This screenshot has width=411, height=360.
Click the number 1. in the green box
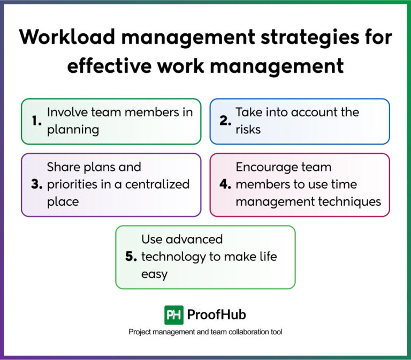[36, 121]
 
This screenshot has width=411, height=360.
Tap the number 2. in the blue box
[225, 121]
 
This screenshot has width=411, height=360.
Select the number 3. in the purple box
[36, 185]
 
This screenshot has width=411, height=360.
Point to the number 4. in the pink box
[225, 185]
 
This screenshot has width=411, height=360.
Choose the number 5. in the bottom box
[131, 257]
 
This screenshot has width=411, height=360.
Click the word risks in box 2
[248, 130]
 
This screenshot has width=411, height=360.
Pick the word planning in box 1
[73, 130]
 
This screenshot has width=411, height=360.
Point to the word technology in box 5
[174, 257]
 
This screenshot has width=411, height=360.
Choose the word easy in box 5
[154, 274]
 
